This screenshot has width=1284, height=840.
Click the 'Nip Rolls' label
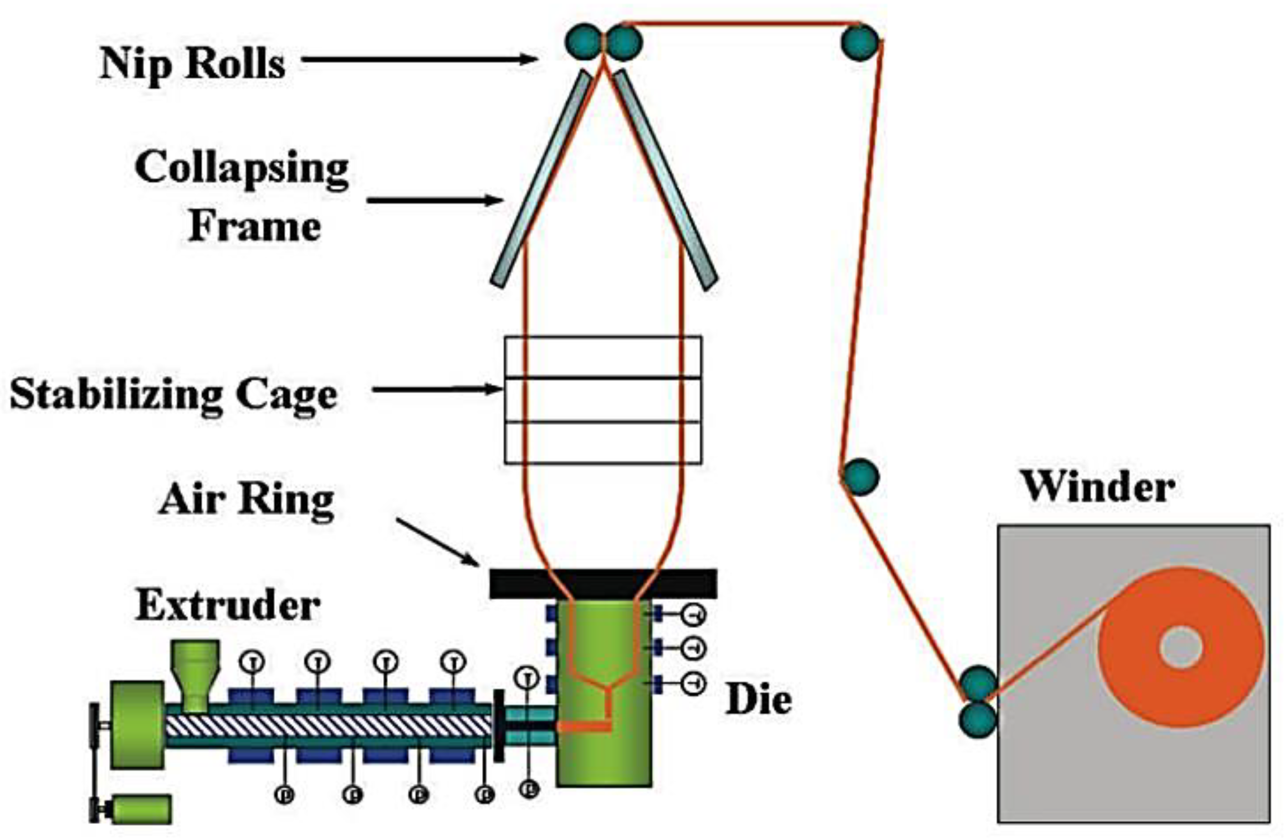click(x=192, y=64)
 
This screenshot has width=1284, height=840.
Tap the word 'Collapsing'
click(x=242, y=168)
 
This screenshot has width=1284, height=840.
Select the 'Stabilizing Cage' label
click(x=173, y=394)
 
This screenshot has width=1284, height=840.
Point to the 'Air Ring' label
click(x=246, y=500)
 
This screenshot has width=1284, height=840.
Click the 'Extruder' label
click(x=227, y=605)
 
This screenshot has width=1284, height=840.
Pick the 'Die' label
click(x=759, y=700)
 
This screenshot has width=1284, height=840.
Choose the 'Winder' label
click(x=1098, y=487)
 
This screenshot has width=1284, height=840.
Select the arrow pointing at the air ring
click(x=438, y=543)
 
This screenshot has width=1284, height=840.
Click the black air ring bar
click(x=603, y=584)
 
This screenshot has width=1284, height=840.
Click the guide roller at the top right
click(x=859, y=43)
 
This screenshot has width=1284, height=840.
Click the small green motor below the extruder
click(x=141, y=809)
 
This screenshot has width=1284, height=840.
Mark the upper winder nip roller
click(x=978, y=683)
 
